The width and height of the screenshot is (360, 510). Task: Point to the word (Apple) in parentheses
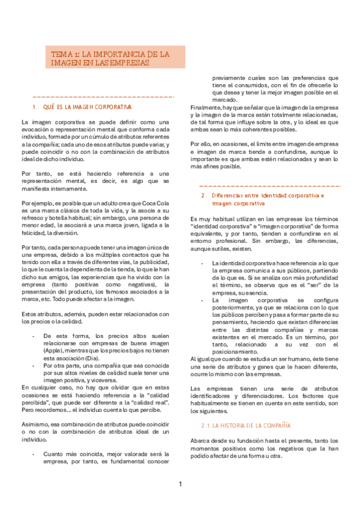point(52,351)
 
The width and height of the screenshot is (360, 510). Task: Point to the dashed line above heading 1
point(102,96)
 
